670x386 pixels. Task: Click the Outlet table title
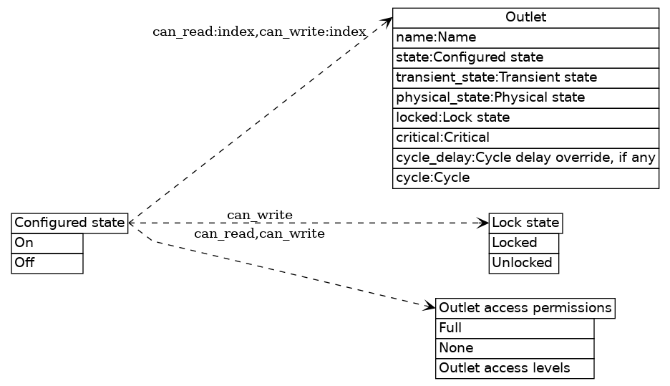[525, 17]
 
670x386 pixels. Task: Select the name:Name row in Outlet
[525, 37]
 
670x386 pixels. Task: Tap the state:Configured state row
[525, 57]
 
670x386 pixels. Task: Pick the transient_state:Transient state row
[525, 77]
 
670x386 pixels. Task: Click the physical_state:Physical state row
[525, 97]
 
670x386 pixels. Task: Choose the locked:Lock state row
[525, 117]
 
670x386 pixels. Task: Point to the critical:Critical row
[525, 137]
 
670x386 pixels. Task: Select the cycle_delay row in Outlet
[525, 158]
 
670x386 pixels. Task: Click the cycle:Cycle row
[525, 178]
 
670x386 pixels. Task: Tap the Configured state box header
[69, 223]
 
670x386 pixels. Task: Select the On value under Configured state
[47, 243]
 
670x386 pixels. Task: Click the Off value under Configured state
[47, 263]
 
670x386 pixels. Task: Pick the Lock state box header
[525, 223]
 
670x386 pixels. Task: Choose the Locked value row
[523, 243]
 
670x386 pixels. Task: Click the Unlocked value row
[523, 263]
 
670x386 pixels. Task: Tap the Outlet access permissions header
[525, 308]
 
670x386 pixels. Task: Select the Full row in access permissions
[515, 328]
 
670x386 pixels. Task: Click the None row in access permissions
[515, 348]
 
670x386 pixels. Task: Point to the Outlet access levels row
[515, 368]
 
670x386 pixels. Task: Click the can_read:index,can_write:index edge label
[259, 32]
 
